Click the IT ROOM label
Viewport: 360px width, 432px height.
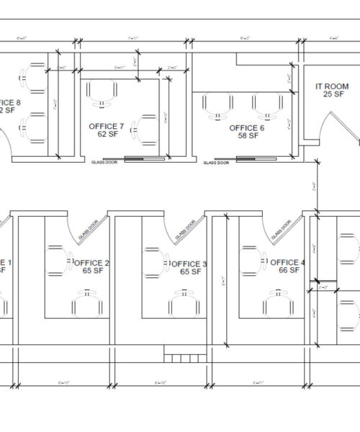pyautogui.click(x=332, y=86)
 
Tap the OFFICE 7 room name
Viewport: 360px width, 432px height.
pyautogui.click(x=106, y=127)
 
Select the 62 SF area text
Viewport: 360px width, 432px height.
pyautogui.click(x=107, y=135)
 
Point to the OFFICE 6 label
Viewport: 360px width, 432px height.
pyautogui.click(x=247, y=127)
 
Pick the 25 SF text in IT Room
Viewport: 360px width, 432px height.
pyautogui.click(x=332, y=94)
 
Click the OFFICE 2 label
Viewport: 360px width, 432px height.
pyautogui.click(x=91, y=263)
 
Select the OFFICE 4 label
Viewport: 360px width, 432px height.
pyautogui.click(x=287, y=262)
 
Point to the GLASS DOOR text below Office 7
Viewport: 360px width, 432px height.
pyautogui.click(x=103, y=163)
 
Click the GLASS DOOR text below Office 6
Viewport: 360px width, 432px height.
pyautogui.click(x=215, y=163)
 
